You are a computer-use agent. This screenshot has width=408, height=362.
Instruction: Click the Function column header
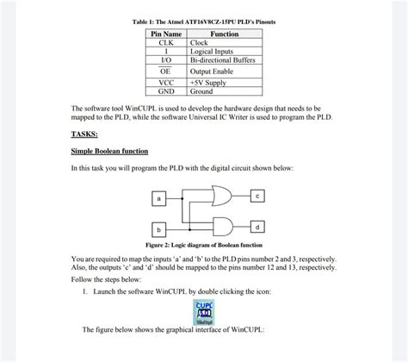[x=224, y=34]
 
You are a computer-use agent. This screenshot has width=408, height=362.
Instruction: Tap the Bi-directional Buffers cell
[x=223, y=59]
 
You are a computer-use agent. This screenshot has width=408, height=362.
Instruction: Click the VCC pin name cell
[x=167, y=83]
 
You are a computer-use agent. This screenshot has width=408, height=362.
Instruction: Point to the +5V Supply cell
[x=210, y=83]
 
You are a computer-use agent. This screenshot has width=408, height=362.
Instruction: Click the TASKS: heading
[x=84, y=134]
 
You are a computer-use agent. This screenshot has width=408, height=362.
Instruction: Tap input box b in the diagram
[x=158, y=230]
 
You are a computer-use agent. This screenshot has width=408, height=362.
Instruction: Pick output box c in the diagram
[x=257, y=196]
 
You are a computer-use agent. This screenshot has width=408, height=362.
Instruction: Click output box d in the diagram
[x=257, y=227]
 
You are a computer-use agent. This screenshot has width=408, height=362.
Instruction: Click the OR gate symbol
[x=221, y=196]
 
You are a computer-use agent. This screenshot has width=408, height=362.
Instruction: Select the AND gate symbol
[x=220, y=227]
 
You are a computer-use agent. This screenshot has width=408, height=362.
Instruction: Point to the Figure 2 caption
[x=203, y=246]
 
